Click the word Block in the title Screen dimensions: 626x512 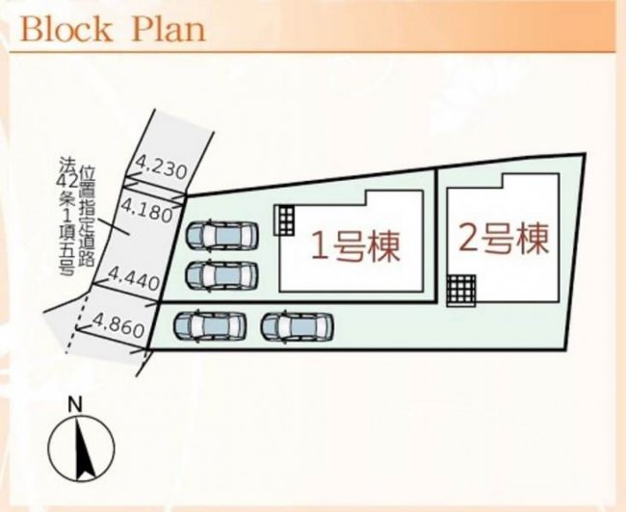(x=66, y=29)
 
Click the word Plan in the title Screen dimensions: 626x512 (x=169, y=29)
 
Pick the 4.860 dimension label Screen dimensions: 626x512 (x=118, y=324)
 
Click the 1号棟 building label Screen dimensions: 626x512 (x=355, y=246)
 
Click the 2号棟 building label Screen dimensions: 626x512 (x=504, y=239)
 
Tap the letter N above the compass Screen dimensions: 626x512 (x=75, y=405)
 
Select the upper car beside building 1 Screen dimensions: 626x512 (x=222, y=236)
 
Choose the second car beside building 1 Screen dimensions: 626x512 (x=222, y=275)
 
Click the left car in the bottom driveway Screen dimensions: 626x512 (x=210, y=326)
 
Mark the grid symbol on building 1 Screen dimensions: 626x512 (x=284, y=220)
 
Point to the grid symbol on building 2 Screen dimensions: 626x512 (x=461, y=291)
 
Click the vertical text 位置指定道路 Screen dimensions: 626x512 (x=87, y=217)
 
